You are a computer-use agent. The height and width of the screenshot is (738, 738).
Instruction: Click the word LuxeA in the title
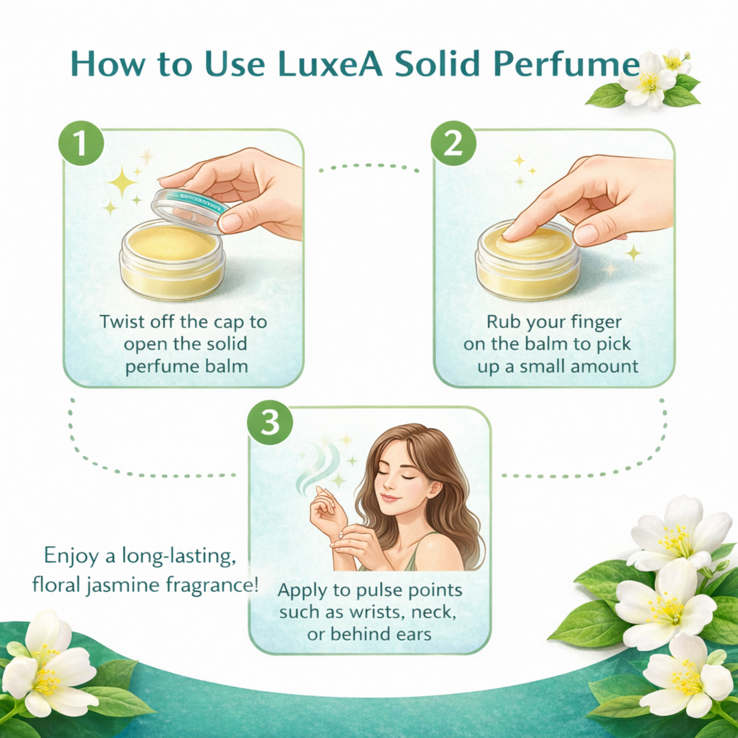pos(330,64)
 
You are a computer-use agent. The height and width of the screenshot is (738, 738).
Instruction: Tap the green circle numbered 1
pos(81,143)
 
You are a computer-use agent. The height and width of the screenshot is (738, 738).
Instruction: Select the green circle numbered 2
pos(453,143)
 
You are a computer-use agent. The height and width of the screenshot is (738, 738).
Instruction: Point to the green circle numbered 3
pos(270,422)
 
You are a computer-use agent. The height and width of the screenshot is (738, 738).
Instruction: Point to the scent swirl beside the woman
pos(318,466)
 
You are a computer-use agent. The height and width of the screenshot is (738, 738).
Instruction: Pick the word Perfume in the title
pos(567,64)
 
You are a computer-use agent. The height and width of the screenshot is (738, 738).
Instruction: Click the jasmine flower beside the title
pos(648,79)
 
